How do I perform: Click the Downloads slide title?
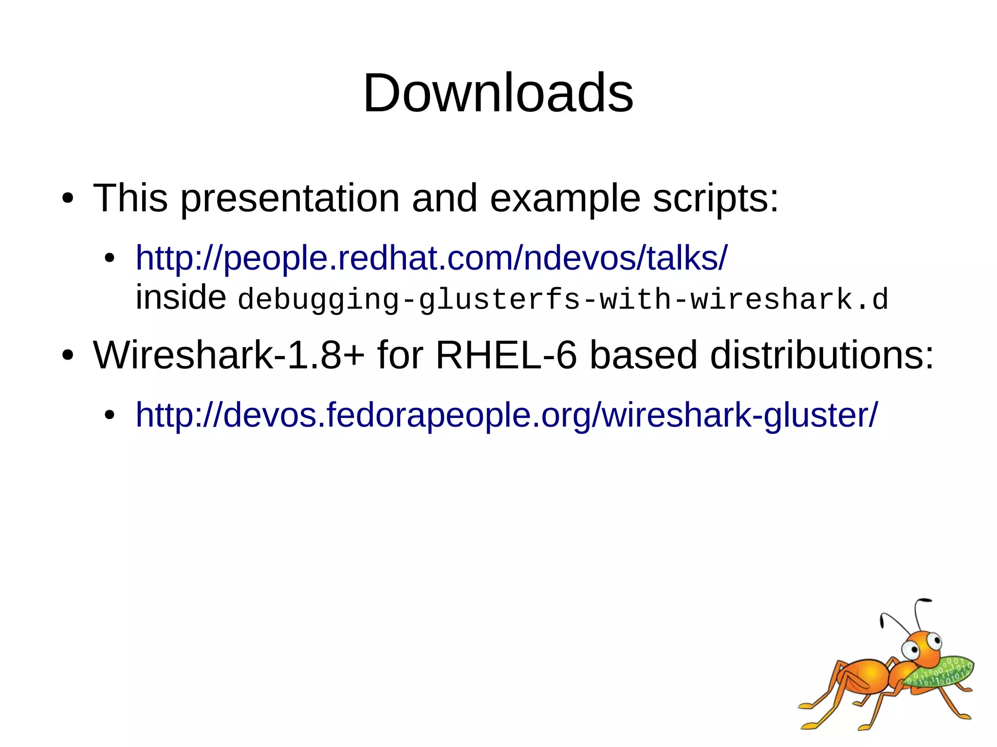coord(498,93)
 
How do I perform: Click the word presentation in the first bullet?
coord(290,199)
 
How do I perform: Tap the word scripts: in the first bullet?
coord(715,199)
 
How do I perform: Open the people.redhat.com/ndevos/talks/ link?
coord(431,258)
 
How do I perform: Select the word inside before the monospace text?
coord(180,297)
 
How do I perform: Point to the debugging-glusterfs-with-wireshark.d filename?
coord(563,299)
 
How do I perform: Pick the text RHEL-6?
coord(506,355)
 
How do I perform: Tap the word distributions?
coord(822,355)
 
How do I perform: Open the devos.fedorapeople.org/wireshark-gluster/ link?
coord(506,415)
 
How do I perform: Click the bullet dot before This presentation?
coord(68,199)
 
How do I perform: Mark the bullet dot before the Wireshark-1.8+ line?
coord(68,356)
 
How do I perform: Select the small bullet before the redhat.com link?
coord(110,258)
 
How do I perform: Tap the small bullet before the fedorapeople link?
coord(110,416)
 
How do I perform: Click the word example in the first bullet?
coord(565,199)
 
